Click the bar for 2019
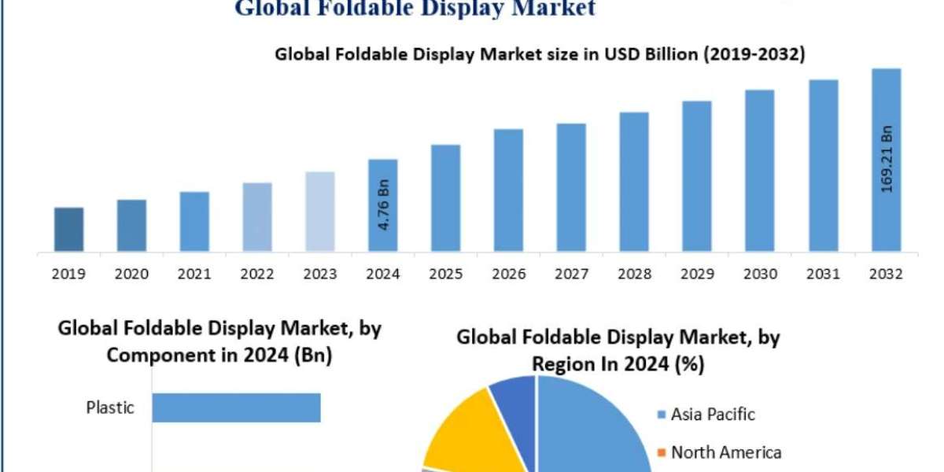(69, 230)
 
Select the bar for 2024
(383, 206)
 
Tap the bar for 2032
(887, 160)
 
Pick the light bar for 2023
(320, 212)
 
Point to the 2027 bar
(571, 188)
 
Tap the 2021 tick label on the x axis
(194, 274)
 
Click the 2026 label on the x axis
(508, 274)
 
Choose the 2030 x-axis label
(760, 274)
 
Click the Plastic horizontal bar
(236, 407)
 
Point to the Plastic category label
(110, 407)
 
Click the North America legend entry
(719, 452)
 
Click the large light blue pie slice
(590, 425)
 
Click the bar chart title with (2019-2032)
(539, 54)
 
